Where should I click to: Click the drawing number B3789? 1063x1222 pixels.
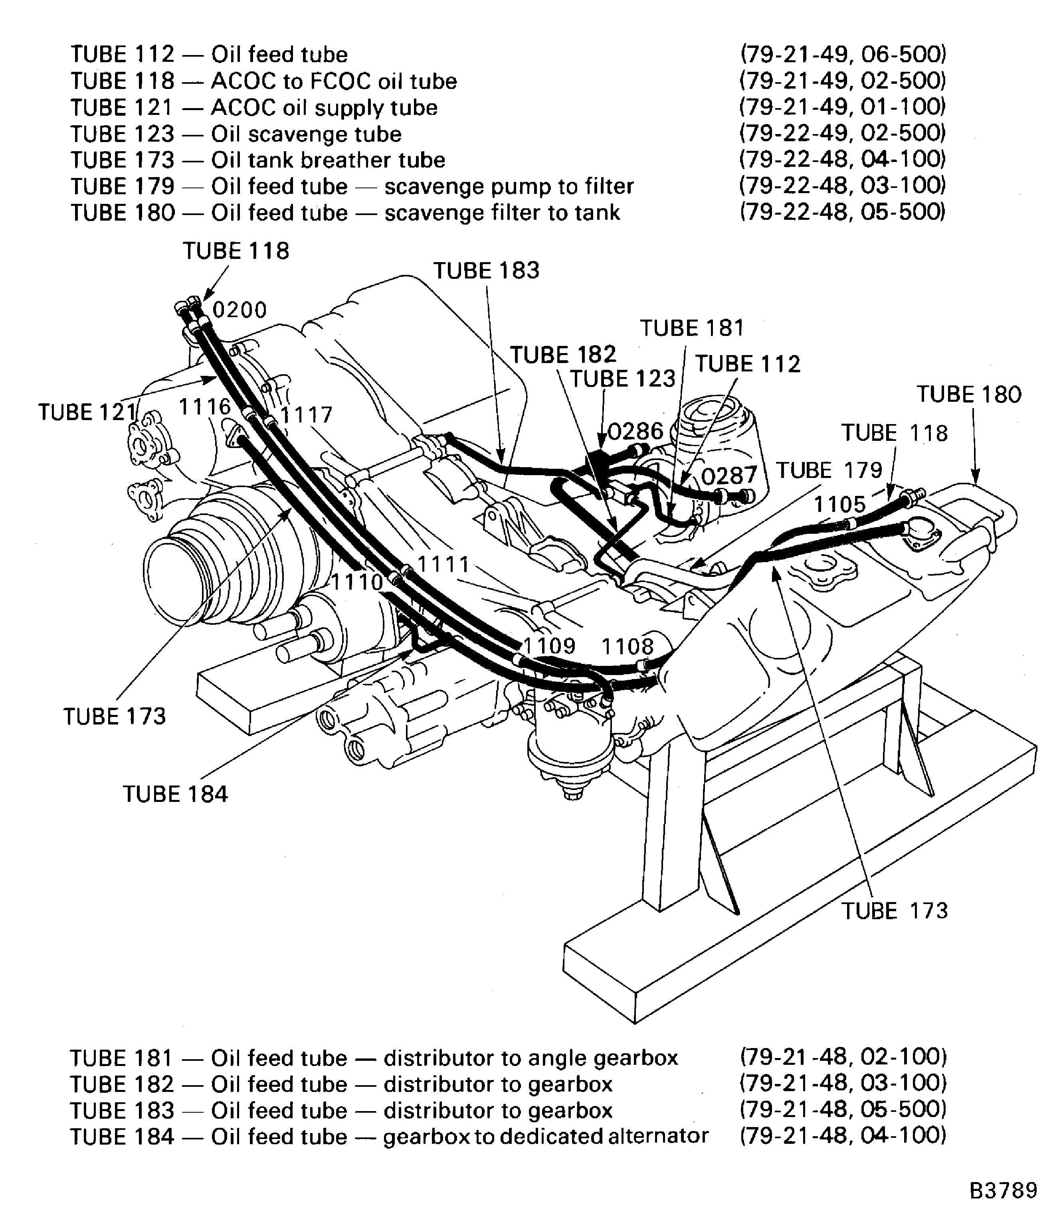point(1003,1190)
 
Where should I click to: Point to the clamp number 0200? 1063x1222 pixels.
point(240,310)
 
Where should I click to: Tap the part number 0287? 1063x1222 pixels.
point(729,476)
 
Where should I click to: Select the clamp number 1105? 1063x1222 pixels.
point(839,505)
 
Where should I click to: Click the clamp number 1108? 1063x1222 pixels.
point(628,646)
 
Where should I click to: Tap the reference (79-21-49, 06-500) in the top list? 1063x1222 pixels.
point(842,55)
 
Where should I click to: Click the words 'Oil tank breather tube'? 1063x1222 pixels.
point(328,160)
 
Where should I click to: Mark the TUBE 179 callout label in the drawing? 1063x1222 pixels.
point(829,470)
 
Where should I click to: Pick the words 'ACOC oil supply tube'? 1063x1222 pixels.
point(324,108)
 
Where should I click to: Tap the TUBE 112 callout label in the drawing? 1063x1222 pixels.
point(747,363)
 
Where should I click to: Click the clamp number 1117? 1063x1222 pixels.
point(306,415)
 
